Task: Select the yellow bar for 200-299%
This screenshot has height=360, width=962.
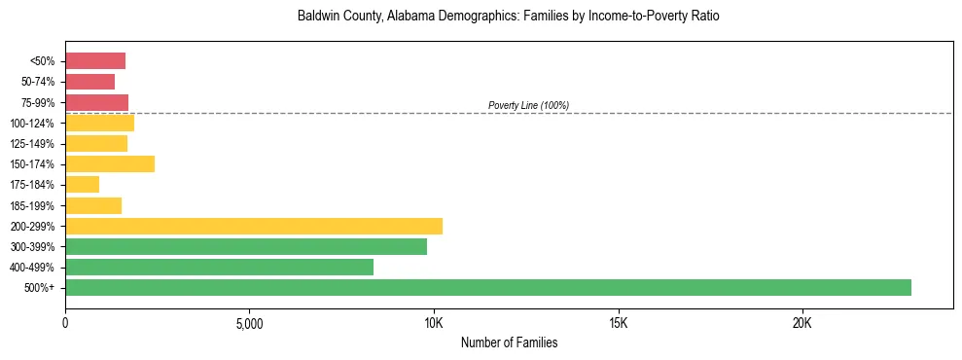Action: coord(254,226)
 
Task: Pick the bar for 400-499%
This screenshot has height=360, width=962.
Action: coord(219,267)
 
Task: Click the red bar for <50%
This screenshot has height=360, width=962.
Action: coord(95,61)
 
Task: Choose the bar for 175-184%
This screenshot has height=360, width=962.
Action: coord(83,185)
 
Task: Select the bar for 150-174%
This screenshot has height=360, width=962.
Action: coord(110,164)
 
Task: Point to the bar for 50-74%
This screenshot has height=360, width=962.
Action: coord(90,82)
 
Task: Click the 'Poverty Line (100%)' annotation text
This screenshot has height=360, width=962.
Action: coord(528,105)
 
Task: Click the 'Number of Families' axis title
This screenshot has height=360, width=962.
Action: coord(509,343)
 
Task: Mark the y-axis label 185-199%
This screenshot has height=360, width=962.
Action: coord(36,205)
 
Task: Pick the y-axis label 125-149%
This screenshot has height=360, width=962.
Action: coord(36,144)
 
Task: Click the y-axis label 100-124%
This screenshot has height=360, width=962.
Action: coord(36,124)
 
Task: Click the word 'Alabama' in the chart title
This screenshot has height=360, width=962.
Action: coord(410,18)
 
